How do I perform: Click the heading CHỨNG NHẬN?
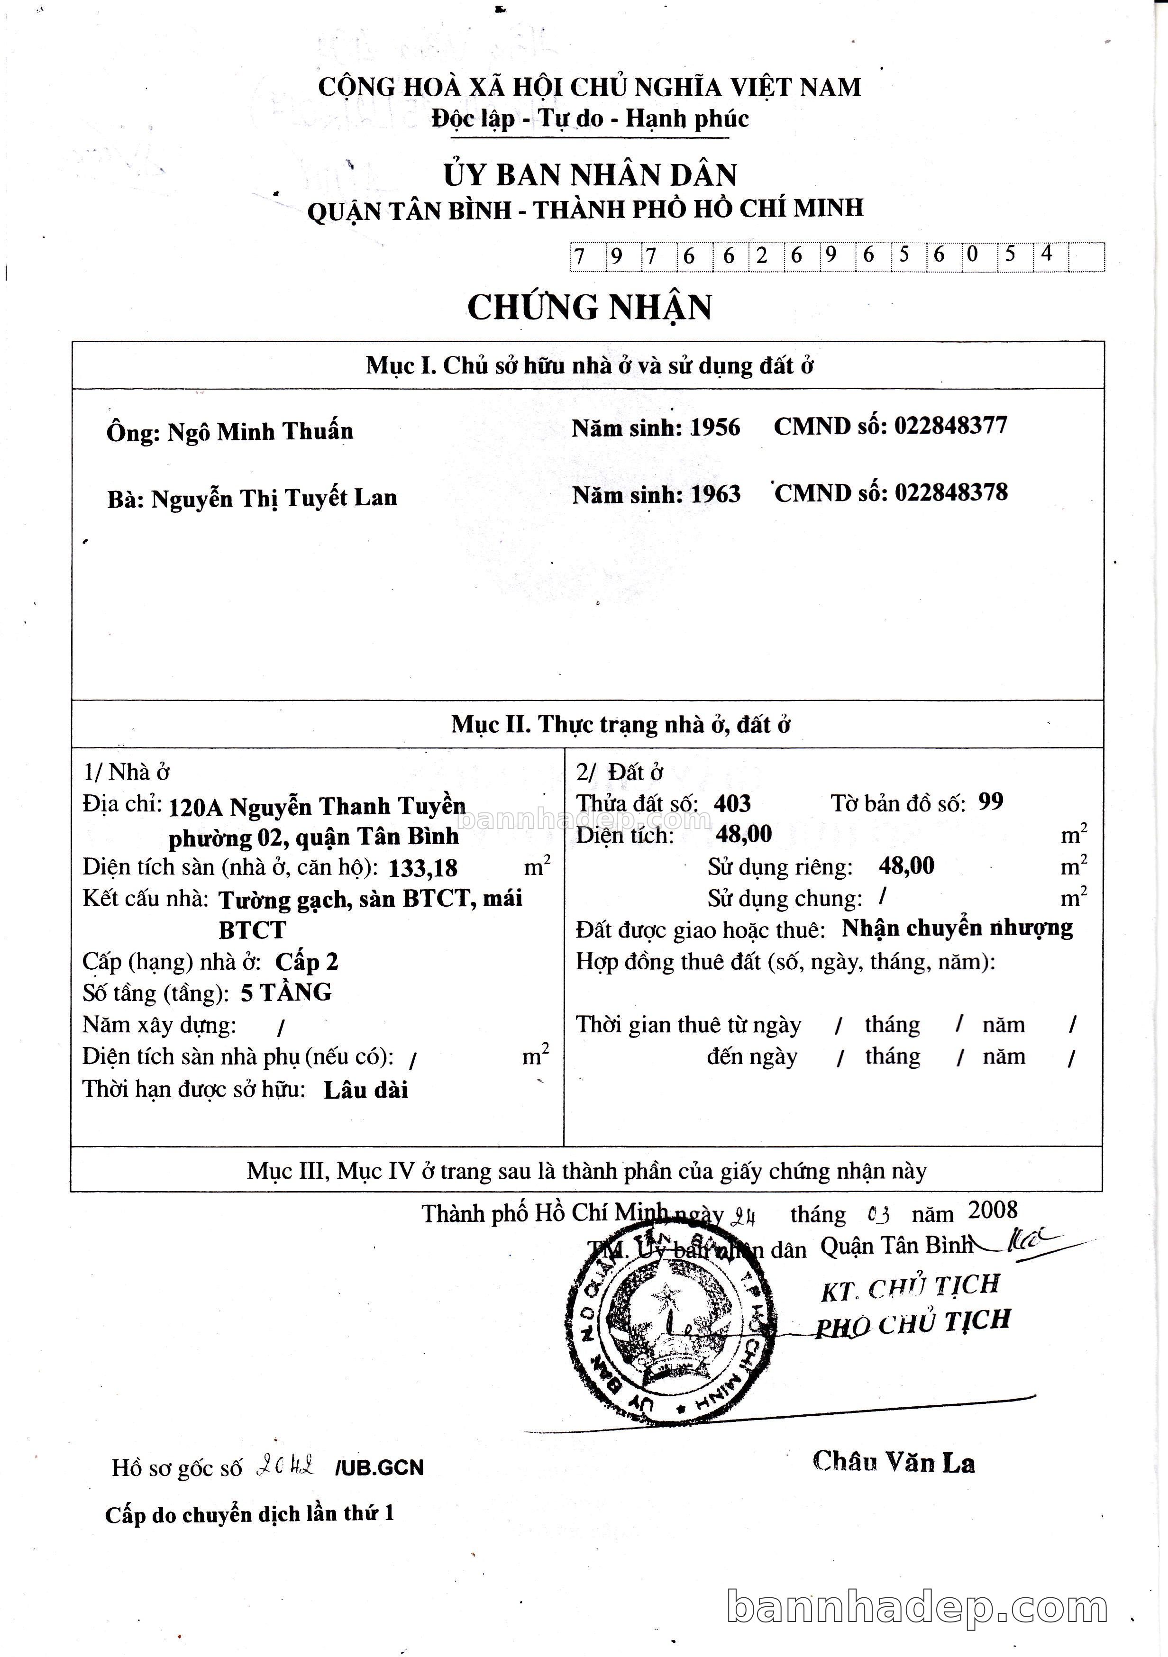pos(589,308)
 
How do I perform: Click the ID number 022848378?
pos(951,493)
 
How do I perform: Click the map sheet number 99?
pos(990,802)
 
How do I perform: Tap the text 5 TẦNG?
pos(286,993)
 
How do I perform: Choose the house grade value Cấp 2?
pos(307,962)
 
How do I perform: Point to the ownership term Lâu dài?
pos(366,1090)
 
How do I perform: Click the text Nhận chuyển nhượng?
pos(957,928)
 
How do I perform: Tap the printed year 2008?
pos(993,1210)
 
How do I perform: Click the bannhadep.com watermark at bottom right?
pos(917,1608)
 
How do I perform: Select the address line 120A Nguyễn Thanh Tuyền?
pos(317,806)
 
